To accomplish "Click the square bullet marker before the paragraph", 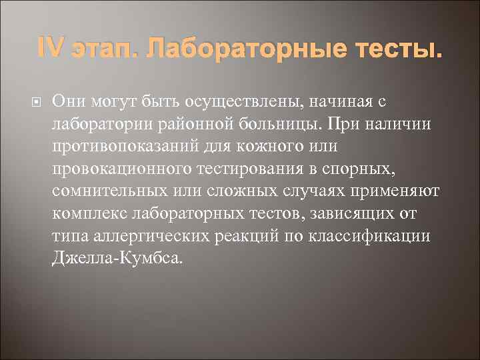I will (37, 102).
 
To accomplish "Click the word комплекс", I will (89, 215).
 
